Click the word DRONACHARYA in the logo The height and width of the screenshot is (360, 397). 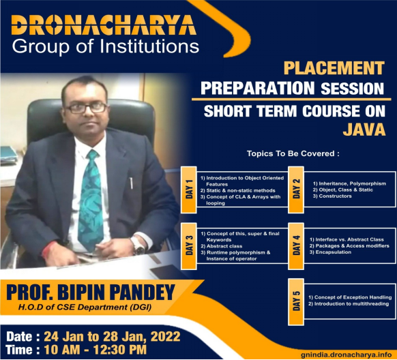(x=104, y=25)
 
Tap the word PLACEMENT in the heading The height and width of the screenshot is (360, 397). (x=334, y=67)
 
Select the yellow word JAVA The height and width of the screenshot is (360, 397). (x=364, y=130)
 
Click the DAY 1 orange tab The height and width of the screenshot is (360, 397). (x=189, y=190)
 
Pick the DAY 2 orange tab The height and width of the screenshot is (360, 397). (x=296, y=190)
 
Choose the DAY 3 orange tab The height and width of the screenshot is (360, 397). (x=189, y=245)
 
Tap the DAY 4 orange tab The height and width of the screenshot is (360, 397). (x=296, y=245)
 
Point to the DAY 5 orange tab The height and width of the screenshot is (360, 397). (x=296, y=301)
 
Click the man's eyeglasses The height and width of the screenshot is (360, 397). (x=87, y=108)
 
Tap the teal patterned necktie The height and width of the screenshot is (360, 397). (x=91, y=200)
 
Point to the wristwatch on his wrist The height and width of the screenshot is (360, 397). (x=138, y=245)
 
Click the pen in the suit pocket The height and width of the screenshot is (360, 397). (x=131, y=183)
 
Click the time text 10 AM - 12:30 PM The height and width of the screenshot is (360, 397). (x=95, y=350)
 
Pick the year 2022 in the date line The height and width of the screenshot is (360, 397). (x=166, y=336)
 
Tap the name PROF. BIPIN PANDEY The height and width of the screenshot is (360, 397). (x=91, y=292)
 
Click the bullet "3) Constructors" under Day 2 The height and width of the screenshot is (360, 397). (x=332, y=196)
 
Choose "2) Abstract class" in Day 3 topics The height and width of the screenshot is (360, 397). (x=222, y=246)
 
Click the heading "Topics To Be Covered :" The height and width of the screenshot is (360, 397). (x=293, y=153)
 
